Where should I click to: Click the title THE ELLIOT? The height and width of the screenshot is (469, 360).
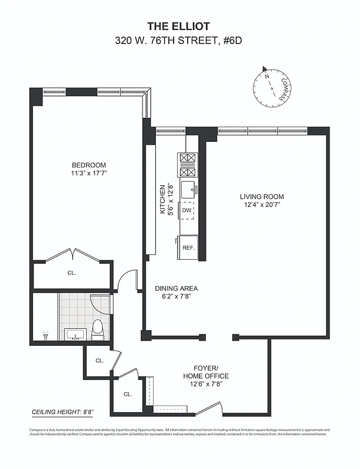click(179, 26)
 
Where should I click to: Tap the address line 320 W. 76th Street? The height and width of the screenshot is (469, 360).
click(179, 41)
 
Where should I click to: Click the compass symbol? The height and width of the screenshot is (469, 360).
click(272, 87)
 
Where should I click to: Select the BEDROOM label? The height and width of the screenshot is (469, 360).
click(89, 165)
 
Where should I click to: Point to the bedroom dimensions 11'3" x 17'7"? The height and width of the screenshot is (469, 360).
click(89, 174)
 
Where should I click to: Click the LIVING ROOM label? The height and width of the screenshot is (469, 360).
click(261, 196)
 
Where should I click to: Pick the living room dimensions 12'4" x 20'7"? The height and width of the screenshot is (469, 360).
click(261, 205)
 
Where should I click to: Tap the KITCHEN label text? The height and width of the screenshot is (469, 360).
click(164, 199)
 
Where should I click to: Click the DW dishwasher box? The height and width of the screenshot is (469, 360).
click(187, 210)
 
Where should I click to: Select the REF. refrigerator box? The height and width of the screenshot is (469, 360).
click(188, 247)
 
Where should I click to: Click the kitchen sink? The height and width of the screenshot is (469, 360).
click(188, 190)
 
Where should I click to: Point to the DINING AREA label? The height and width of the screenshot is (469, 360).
click(176, 288)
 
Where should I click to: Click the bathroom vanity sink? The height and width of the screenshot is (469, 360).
click(73, 335)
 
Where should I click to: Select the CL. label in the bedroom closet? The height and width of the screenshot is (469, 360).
click(72, 273)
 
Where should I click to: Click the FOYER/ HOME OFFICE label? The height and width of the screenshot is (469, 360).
click(205, 372)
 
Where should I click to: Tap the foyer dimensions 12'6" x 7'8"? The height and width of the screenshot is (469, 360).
click(205, 385)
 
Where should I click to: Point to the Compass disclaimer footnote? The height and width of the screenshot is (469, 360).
click(179, 431)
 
